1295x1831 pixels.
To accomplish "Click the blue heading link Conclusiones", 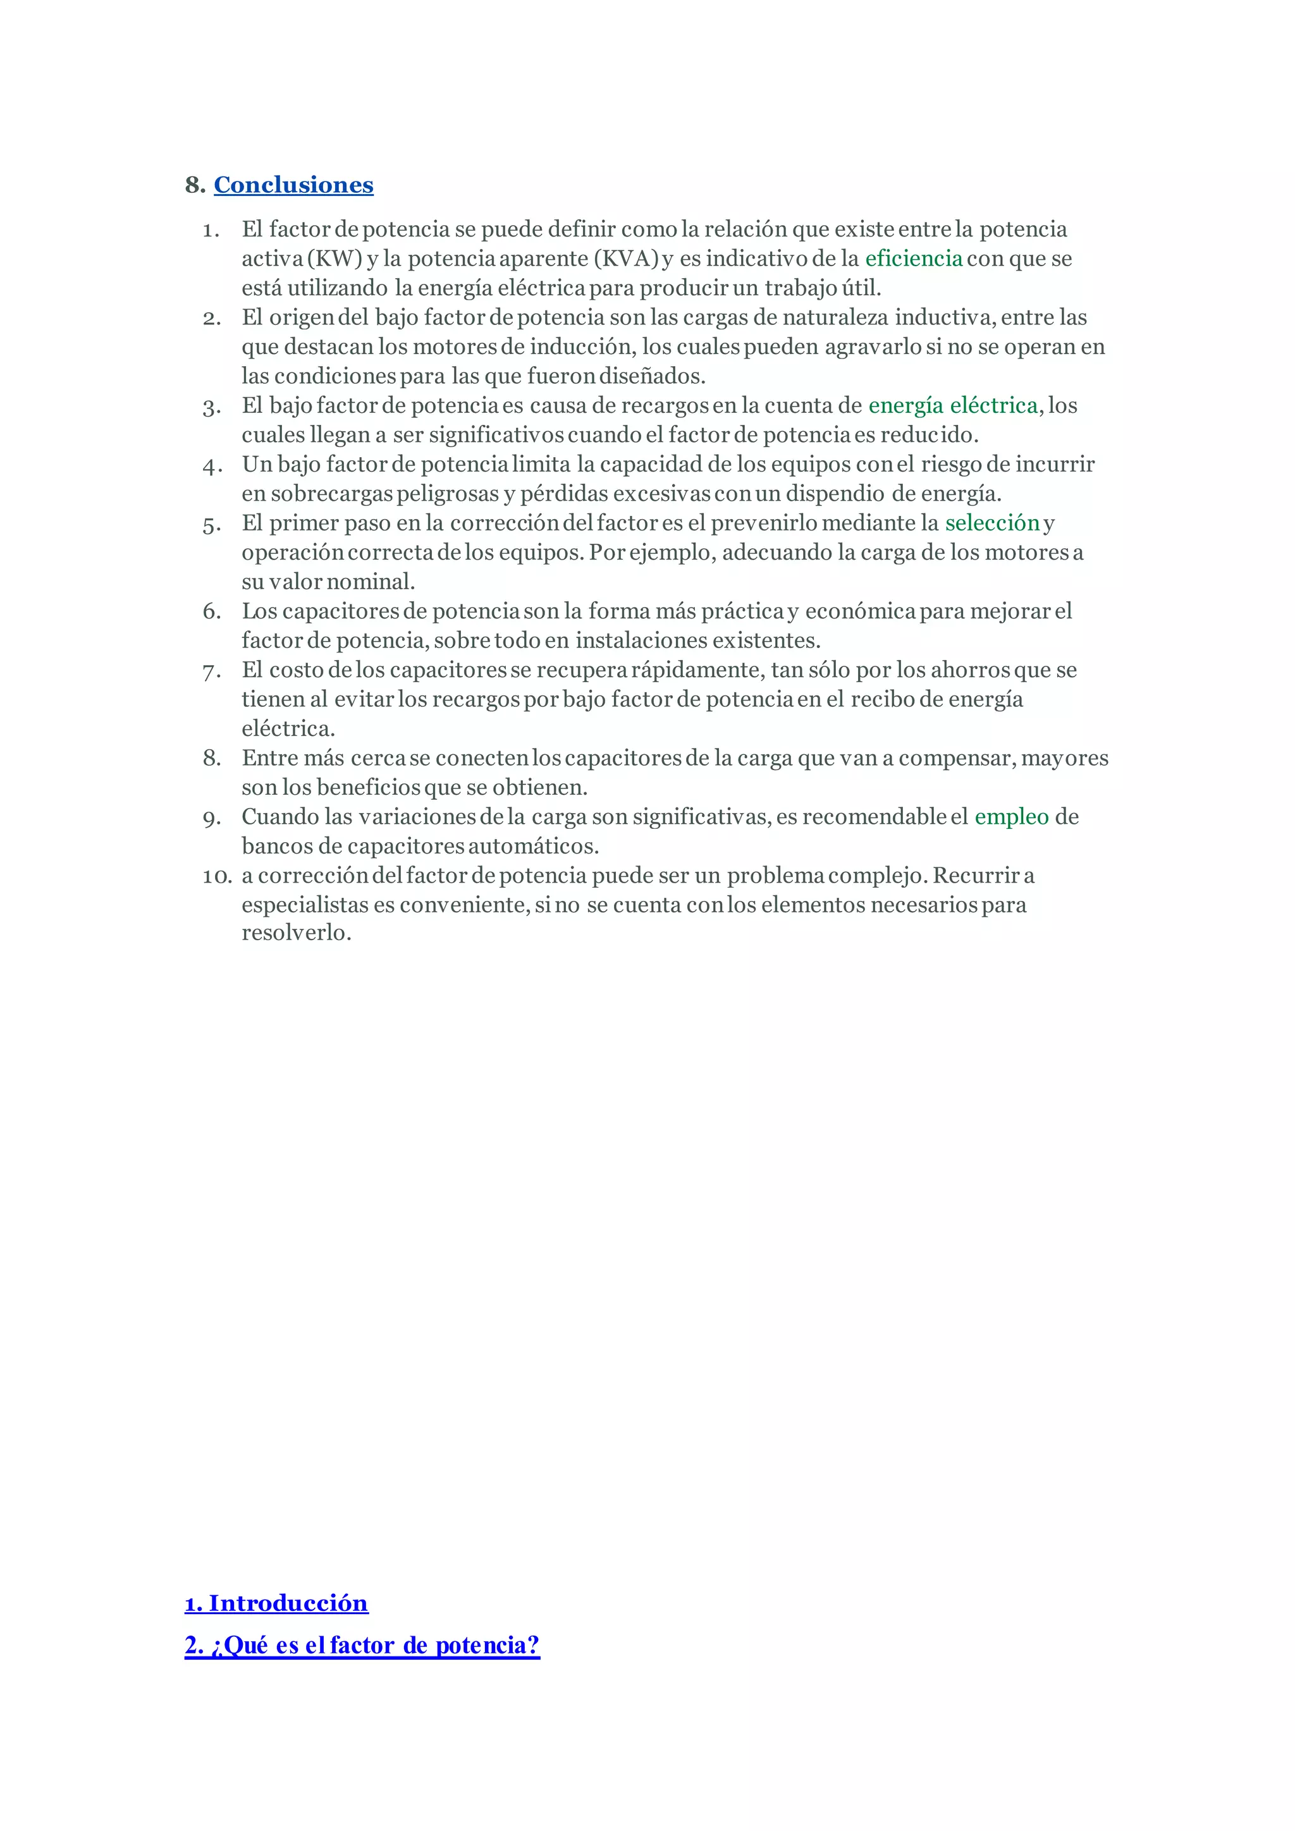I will tap(293, 185).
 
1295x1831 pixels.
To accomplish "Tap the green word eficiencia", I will tap(913, 259).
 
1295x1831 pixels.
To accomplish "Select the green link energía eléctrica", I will tap(952, 406).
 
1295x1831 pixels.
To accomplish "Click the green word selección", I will tap(992, 523).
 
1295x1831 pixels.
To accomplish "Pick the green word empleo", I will tap(1011, 818).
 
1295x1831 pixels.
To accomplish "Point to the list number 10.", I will tap(216, 876).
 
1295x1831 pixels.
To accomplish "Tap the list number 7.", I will tap(211, 671).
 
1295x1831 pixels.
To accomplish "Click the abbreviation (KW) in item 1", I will tap(334, 259).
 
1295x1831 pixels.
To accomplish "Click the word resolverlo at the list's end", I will tap(296, 933).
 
